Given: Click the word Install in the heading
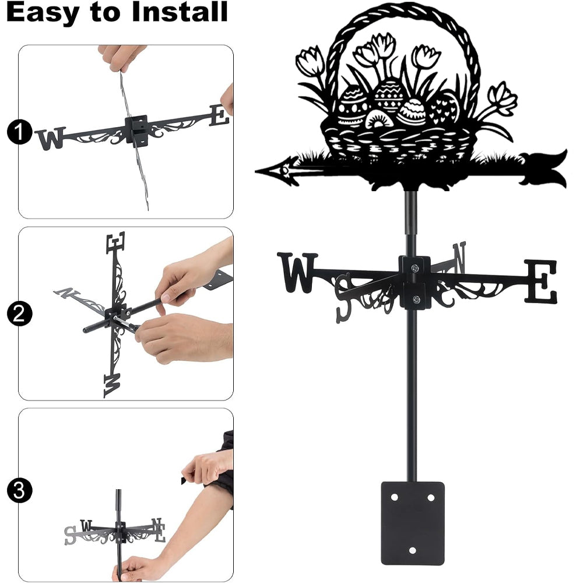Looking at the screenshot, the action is point(180,12).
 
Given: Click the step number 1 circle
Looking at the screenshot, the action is point(19,132).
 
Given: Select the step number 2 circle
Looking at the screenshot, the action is point(19,314).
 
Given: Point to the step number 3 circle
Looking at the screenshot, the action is point(19,490).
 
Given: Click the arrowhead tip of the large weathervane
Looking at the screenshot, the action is point(256,171).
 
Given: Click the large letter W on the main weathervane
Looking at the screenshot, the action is point(297,272).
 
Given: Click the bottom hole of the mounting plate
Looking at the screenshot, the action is point(412,550).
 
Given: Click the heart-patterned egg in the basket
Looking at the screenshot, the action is point(444,108).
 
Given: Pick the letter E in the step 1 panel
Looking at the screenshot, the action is point(219,115).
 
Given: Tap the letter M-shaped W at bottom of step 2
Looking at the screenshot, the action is point(113,385).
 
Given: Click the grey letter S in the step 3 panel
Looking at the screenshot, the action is point(70,535).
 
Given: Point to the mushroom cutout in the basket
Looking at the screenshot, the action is point(378,120).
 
